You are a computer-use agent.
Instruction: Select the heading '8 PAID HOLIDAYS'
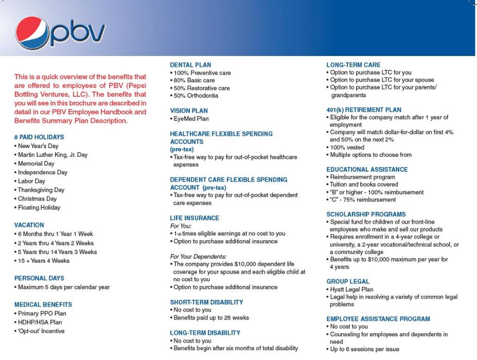[x=39, y=137]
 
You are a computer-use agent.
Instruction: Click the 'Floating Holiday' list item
[x=39, y=208]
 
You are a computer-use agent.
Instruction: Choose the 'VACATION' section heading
[x=29, y=225]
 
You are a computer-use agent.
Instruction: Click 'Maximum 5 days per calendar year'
[x=63, y=287]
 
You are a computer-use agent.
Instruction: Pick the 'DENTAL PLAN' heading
[x=191, y=65]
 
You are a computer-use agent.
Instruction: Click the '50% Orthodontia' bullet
[x=196, y=96]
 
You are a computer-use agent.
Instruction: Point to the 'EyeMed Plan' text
[x=191, y=118]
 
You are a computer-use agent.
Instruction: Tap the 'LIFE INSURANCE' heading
[x=195, y=218]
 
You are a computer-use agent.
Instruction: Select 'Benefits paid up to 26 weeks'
[x=210, y=317]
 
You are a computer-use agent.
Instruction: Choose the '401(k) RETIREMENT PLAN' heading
[x=364, y=110]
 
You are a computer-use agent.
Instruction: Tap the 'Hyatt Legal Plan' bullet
[x=351, y=290]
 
